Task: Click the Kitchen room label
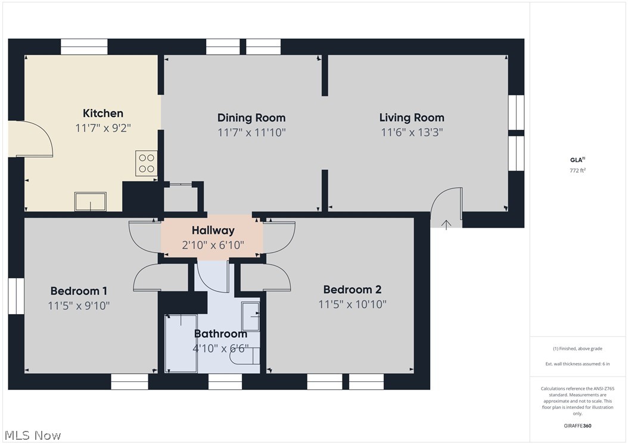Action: pos(103,113)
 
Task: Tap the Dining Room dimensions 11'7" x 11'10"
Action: pos(251,132)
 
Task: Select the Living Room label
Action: pos(412,118)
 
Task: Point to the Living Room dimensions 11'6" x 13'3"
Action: pos(412,132)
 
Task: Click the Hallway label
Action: pos(213,231)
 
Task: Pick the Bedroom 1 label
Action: pos(79,291)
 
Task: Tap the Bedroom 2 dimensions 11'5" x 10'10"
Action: pos(353,305)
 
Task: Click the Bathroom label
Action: pos(220,334)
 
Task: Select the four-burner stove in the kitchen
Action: pos(146,163)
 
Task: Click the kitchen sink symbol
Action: pos(91,201)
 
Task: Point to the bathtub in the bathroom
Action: pos(181,343)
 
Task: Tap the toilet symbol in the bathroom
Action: pos(245,356)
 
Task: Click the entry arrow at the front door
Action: pos(446,225)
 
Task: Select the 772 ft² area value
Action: pos(577,170)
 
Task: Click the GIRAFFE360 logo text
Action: pos(577,426)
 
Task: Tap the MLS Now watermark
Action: pos(33,436)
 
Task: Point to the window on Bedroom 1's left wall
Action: pos(16,296)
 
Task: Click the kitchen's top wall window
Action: pos(84,47)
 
